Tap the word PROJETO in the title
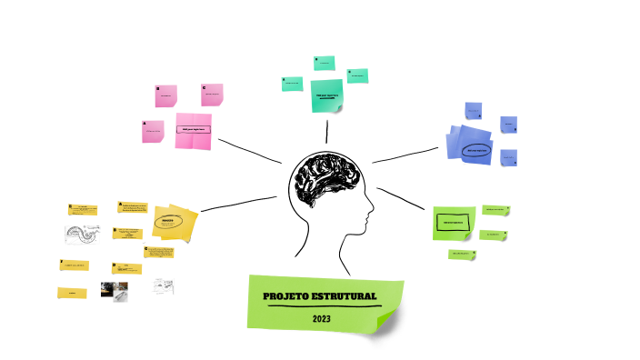point(286,297)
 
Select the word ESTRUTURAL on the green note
point(345,297)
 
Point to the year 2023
point(322,319)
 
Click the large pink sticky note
point(193,130)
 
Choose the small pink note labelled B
point(165,95)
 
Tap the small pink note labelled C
point(212,94)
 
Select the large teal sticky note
point(326,95)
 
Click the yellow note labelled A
point(133,208)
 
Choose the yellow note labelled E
point(82,210)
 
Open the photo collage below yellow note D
point(120,291)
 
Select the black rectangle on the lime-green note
point(454,222)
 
